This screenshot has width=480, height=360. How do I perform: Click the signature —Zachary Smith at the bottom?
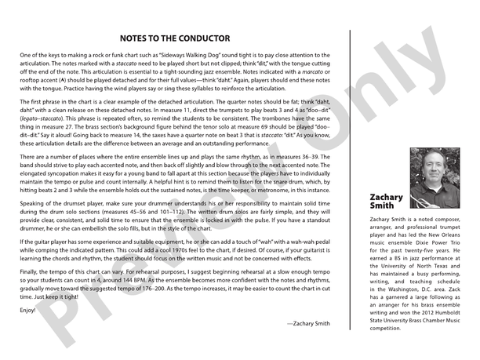309,323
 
